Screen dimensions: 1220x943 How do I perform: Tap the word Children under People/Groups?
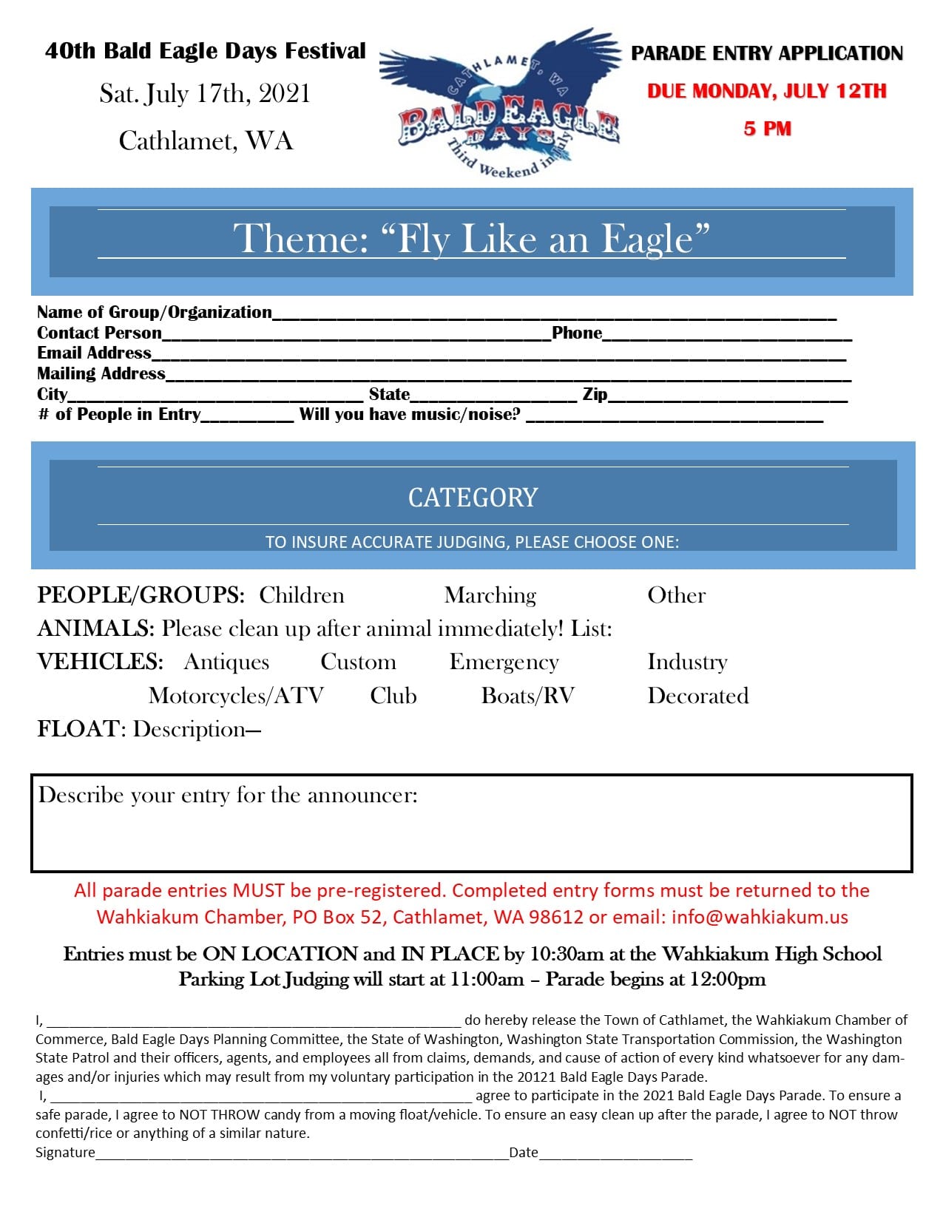coord(302,595)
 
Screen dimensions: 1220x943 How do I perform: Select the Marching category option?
coord(490,595)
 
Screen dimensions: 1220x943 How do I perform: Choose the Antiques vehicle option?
coord(226,662)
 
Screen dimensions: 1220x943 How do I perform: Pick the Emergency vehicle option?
coord(504,662)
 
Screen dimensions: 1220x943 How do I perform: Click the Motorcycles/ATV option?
coord(236,696)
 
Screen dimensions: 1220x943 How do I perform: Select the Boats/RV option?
coord(527,696)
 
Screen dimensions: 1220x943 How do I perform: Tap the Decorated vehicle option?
coord(697,696)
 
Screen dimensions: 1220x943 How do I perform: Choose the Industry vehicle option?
coord(687,662)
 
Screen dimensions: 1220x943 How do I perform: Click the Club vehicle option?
coord(393,696)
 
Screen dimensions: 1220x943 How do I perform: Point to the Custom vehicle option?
coord(358,662)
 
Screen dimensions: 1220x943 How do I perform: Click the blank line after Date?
coord(615,1153)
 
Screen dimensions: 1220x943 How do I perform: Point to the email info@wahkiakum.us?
coord(760,917)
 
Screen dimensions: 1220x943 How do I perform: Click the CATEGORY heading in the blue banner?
coord(473,498)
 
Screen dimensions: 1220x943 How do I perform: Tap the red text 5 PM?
coord(767,129)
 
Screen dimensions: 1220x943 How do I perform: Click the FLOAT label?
coord(78,729)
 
